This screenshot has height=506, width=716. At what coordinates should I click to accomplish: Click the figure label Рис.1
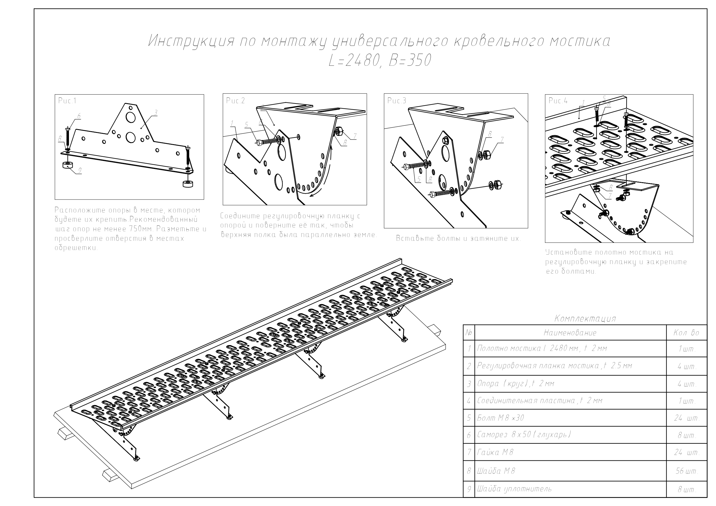[67, 101]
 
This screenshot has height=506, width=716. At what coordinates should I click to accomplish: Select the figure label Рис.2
[235, 100]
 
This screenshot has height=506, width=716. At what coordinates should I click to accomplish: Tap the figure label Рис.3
[397, 100]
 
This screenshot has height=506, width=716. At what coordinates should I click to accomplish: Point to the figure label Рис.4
[558, 101]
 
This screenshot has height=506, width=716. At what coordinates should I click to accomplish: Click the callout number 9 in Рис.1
[80, 170]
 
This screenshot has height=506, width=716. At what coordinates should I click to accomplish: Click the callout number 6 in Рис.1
[79, 116]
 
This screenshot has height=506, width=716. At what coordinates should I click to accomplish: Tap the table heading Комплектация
[585, 318]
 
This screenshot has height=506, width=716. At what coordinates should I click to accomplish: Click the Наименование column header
[570, 333]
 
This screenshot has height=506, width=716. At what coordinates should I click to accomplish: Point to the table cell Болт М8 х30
[501, 418]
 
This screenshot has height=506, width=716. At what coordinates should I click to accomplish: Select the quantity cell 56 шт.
[687, 471]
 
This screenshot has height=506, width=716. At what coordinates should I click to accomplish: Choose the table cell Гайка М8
[495, 452]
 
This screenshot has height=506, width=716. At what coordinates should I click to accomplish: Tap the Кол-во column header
[686, 333]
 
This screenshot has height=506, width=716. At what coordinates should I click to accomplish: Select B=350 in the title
[410, 61]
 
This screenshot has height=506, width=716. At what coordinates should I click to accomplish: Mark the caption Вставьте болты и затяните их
[458, 238]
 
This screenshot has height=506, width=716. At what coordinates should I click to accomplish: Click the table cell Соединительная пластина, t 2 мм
[540, 400]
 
